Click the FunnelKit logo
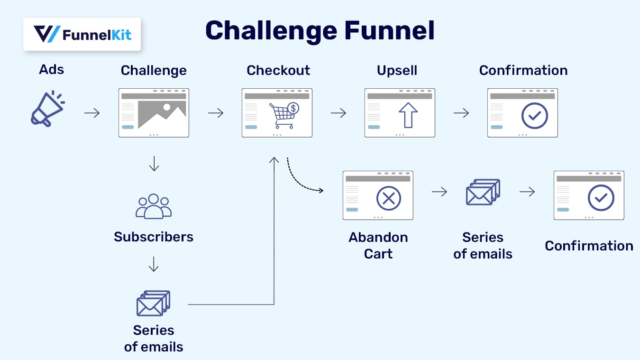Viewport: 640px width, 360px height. tap(82, 34)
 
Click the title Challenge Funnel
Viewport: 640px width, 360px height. tap(320, 30)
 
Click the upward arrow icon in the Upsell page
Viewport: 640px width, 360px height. tap(408, 115)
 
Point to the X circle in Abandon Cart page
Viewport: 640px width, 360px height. tap(388, 198)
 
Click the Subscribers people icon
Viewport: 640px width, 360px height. tap(154, 206)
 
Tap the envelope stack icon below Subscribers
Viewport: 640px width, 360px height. tap(153, 304)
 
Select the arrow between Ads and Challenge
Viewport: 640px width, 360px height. tap(92, 113)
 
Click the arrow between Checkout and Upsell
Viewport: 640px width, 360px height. tap(338, 113)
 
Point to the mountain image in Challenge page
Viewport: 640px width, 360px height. tap(162, 115)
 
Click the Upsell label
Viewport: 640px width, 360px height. tap(397, 70)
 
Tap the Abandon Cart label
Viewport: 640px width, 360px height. tap(378, 245)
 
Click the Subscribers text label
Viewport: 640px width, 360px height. tap(154, 237)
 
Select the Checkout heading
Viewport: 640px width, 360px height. tap(278, 70)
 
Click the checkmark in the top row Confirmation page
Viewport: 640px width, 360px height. tap(534, 115)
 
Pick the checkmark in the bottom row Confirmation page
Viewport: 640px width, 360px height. tap(601, 198)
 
